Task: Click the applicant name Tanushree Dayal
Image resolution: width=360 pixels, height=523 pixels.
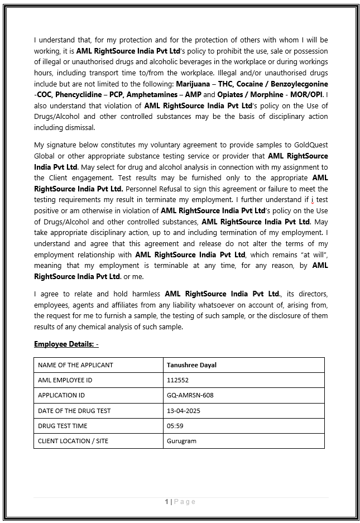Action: (x=191, y=365)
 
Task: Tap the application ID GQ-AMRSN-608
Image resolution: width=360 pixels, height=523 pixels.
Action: (x=190, y=395)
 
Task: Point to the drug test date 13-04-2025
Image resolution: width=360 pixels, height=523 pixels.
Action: (x=183, y=410)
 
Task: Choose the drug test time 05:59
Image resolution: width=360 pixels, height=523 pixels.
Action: (x=175, y=425)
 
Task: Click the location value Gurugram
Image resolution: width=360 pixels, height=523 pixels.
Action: (x=181, y=441)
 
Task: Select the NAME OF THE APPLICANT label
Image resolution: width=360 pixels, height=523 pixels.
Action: (x=75, y=365)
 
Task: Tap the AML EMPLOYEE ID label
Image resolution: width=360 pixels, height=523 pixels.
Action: (x=65, y=380)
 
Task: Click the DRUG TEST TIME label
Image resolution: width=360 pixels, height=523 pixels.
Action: (x=63, y=425)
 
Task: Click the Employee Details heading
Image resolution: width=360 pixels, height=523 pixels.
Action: (x=66, y=344)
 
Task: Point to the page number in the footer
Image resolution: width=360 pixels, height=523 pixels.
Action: (x=167, y=502)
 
